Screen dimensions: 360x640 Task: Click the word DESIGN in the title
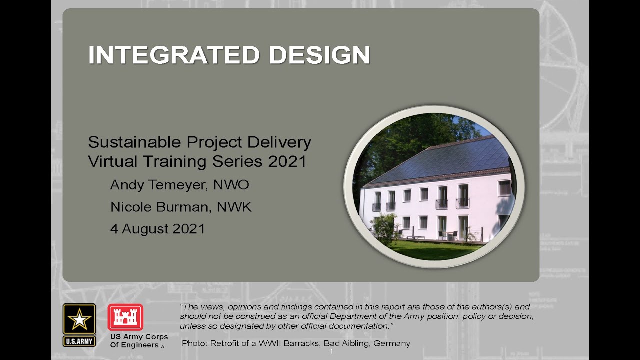point(319,55)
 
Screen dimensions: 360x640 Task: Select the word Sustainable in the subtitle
point(134,142)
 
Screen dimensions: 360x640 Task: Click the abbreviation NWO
point(231,185)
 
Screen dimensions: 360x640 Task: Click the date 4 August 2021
point(157,229)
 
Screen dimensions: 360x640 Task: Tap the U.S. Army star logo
point(79,320)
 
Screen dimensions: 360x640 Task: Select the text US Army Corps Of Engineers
point(138,341)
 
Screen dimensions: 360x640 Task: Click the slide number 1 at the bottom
point(331,352)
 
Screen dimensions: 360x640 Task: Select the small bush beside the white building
point(384,229)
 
